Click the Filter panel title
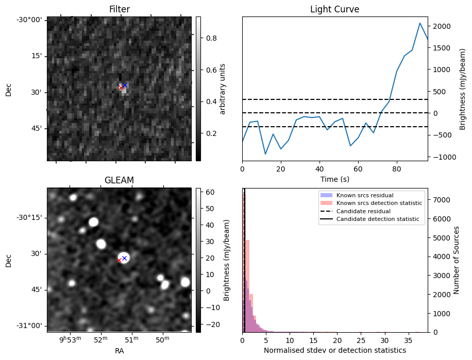[119, 9]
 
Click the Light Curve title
[334, 9]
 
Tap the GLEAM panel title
[119, 180]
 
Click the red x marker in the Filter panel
[121, 88]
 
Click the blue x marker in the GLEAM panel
[124, 258]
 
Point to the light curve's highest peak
[420, 23]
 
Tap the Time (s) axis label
[334, 178]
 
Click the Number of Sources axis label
[457, 260]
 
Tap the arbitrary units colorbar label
[223, 89]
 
